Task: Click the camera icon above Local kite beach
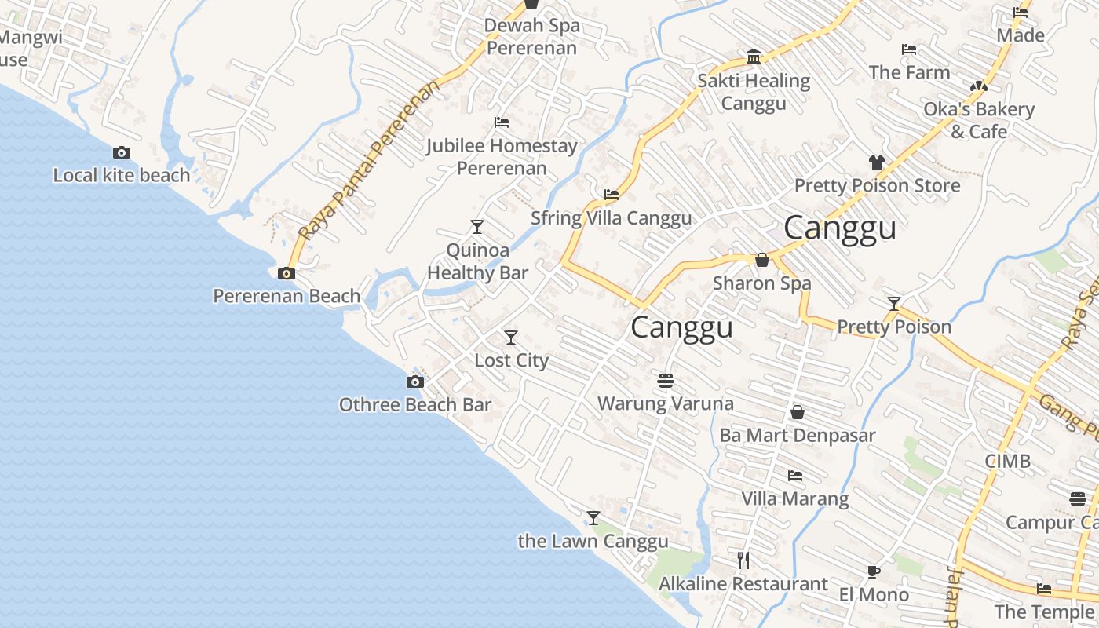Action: tap(122, 153)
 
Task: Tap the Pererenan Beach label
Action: tap(287, 296)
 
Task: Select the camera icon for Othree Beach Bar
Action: tap(415, 382)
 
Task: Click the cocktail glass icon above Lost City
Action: tap(511, 338)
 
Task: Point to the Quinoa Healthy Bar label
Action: tap(477, 261)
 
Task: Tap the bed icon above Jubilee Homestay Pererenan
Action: tap(502, 122)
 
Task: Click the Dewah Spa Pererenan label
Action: tap(531, 36)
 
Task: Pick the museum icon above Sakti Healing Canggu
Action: tap(754, 57)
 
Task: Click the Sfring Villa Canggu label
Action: tap(612, 218)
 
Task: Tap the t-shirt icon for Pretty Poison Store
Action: tap(877, 162)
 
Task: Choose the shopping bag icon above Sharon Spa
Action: tap(761, 260)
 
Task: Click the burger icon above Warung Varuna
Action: tap(666, 381)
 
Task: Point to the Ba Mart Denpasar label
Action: tap(798, 435)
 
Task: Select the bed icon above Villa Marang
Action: tap(795, 476)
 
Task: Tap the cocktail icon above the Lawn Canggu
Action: tap(593, 518)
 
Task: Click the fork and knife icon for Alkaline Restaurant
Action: tap(743, 560)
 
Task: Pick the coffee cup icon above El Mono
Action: tap(874, 571)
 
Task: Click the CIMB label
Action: tap(1008, 461)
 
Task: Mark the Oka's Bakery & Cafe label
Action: tap(979, 120)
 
